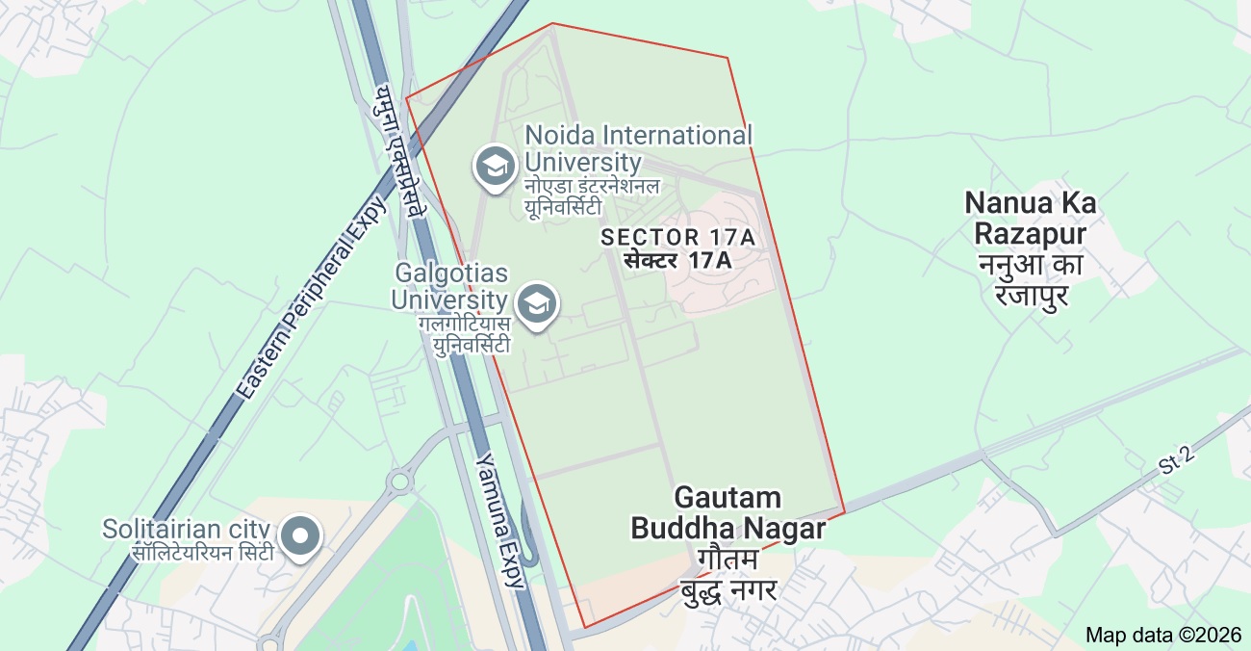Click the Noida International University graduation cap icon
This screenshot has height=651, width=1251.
(496, 167)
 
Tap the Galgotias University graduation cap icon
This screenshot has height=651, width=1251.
(536, 304)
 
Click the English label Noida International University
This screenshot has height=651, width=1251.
(638, 148)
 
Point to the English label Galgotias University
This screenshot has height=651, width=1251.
(449, 287)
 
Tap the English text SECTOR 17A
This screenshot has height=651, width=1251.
(677, 237)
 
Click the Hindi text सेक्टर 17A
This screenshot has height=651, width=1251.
(677, 260)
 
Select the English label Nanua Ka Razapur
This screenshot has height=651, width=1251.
(1031, 219)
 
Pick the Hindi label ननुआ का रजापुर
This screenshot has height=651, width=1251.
(1031, 278)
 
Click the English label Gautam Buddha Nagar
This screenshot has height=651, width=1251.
(728, 513)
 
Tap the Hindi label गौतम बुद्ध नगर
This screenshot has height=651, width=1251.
(728, 575)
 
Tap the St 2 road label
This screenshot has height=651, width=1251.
(1177, 460)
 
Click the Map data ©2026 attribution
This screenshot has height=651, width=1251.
(1163, 635)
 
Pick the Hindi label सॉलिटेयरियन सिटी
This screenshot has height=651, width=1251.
(203, 553)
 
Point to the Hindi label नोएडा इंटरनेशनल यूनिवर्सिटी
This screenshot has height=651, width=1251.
(592, 195)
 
